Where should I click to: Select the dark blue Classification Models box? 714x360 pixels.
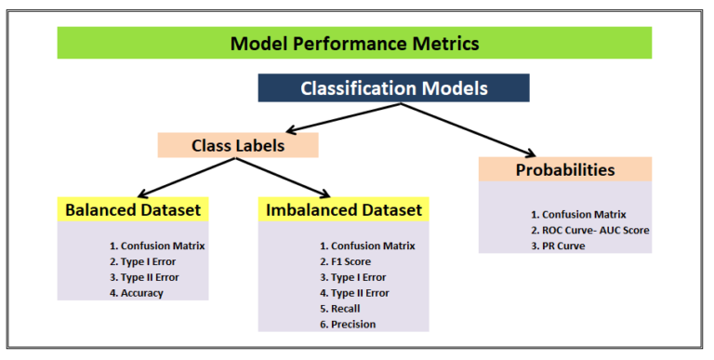point(394,87)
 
